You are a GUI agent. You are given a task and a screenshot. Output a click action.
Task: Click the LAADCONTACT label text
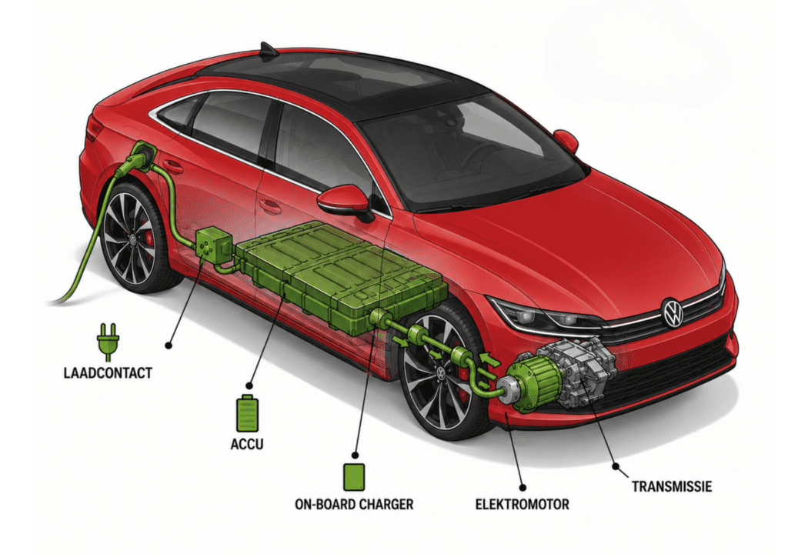click(108, 373)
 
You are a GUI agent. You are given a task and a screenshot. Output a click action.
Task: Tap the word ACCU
click(247, 445)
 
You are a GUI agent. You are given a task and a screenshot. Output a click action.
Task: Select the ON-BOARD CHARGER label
click(354, 504)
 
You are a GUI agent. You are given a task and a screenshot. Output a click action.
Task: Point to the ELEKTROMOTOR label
click(523, 504)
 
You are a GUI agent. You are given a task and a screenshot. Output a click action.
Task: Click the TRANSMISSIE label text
click(672, 486)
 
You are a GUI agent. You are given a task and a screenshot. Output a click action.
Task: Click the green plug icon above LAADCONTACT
click(108, 342)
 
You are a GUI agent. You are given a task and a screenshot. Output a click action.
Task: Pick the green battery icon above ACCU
click(247, 413)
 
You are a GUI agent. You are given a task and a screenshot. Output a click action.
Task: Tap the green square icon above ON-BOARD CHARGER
click(354, 477)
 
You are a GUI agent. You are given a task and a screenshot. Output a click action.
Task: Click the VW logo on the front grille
click(673, 312)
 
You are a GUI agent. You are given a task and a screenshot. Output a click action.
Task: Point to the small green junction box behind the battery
click(211, 245)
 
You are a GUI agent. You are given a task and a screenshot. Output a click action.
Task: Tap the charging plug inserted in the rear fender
click(138, 158)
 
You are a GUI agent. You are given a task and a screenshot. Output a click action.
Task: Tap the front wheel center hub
click(440, 373)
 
